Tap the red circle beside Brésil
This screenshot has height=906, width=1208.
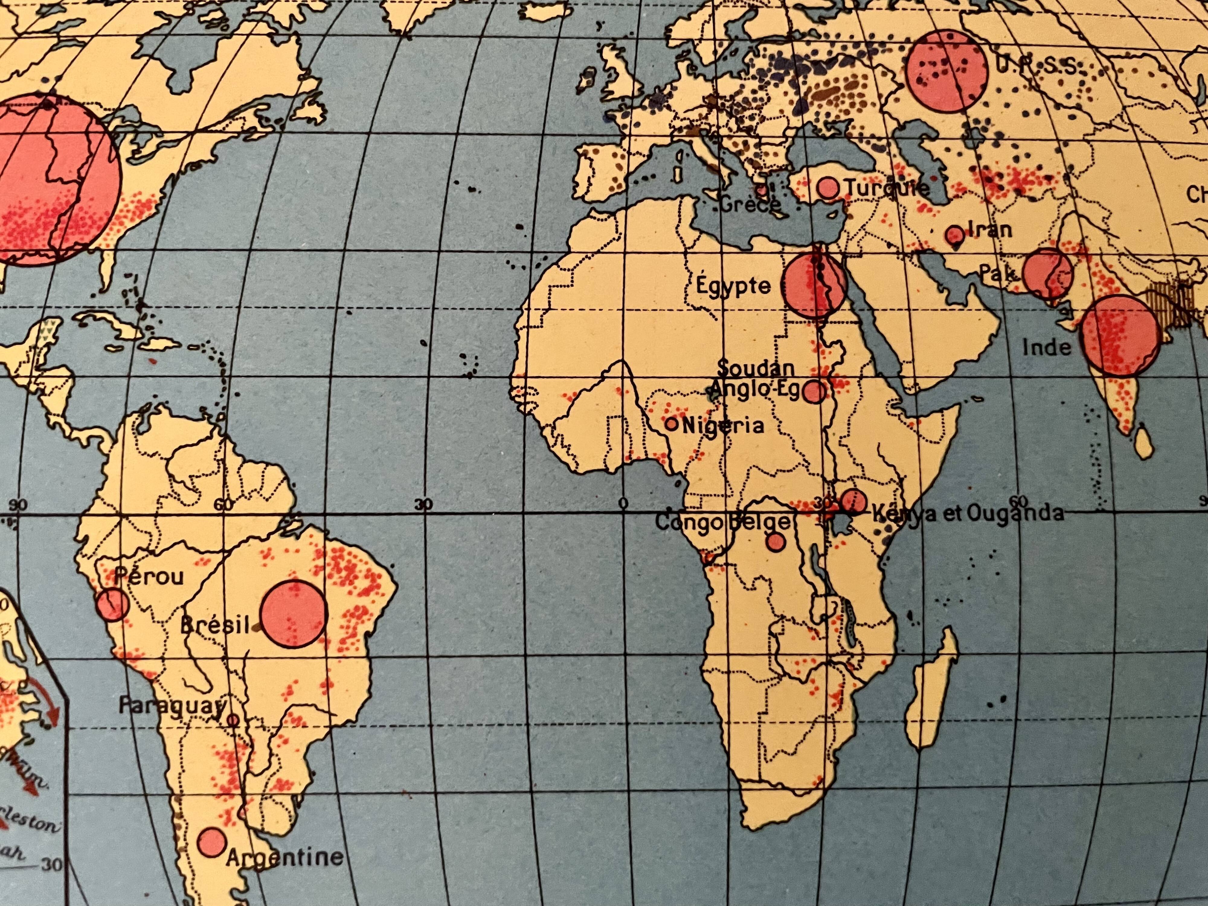294,614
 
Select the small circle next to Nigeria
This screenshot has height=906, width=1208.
671,423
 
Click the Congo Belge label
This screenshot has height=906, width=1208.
722,522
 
